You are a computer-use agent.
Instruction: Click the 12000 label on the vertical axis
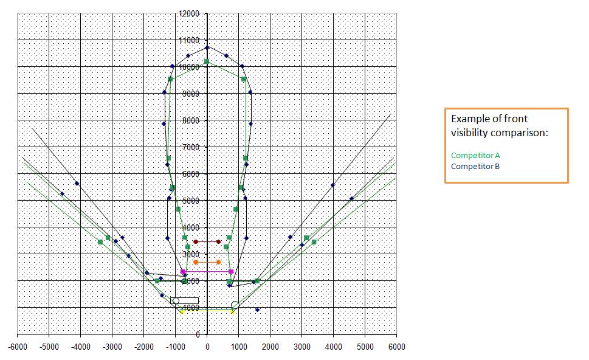(x=190, y=13)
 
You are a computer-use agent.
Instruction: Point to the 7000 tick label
(x=191, y=147)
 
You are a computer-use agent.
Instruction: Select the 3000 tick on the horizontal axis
(x=302, y=347)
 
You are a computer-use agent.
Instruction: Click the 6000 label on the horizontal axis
(x=396, y=347)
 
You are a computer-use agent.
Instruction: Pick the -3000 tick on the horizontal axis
(x=112, y=347)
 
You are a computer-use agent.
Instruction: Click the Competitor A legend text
(x=475, y=156)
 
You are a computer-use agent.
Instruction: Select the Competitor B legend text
(x=475, y=166)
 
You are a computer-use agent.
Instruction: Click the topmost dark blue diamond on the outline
(x=207, y=47)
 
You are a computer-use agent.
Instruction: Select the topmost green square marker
(x=207, y=61)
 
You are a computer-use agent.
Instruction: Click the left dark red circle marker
(x=196, y=242)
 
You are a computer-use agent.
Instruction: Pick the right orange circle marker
(x=219, y=262)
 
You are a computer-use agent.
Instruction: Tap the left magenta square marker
(x=183, y=271)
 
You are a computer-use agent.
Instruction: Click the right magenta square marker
(x=231, y=271)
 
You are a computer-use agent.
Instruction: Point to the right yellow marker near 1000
(x=233, y=311)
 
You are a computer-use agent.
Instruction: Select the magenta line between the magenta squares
(x=207, y=271)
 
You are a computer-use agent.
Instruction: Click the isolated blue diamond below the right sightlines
(x=257, y=310)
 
